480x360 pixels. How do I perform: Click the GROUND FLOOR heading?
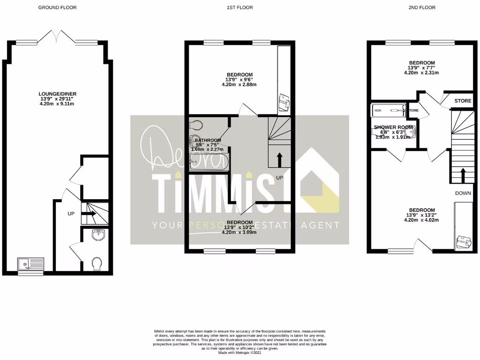(x=57, y=7)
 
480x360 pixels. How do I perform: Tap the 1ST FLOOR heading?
(x=240, y=7)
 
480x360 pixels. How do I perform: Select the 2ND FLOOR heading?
(x=421, y=7)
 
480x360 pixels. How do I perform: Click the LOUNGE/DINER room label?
(x=58, y=94)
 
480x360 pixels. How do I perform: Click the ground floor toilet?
(x=97, y=264)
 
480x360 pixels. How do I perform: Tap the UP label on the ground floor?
(x=71, y=214)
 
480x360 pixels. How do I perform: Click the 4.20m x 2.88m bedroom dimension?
(x=240, y=85)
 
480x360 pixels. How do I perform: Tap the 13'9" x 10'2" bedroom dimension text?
(x=240, y=227)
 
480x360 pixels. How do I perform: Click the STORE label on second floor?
(x=462, y=100)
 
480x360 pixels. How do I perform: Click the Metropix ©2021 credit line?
(x=240, y=352)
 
